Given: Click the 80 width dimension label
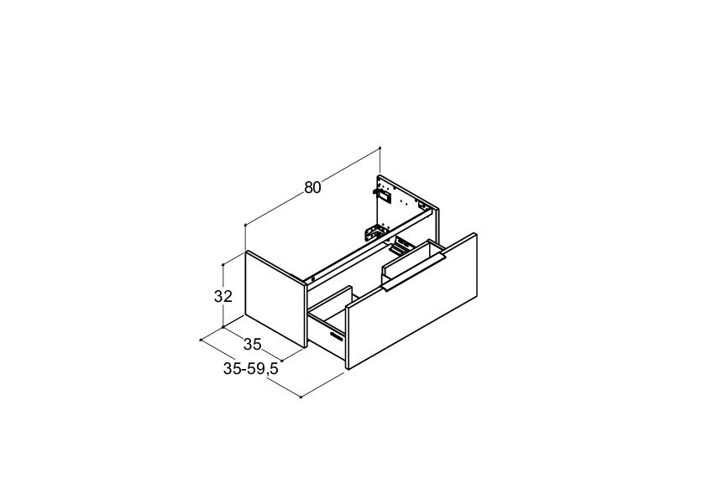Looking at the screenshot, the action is [312, 187].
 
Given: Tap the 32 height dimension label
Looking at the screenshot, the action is [223, 296].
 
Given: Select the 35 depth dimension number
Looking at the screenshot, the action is [253, 345].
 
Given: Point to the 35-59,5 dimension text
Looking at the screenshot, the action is [251, 369].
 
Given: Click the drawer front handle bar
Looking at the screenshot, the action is [413, 272].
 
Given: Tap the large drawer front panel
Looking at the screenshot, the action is [412, 301].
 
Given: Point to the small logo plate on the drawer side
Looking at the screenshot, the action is [337, 335].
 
